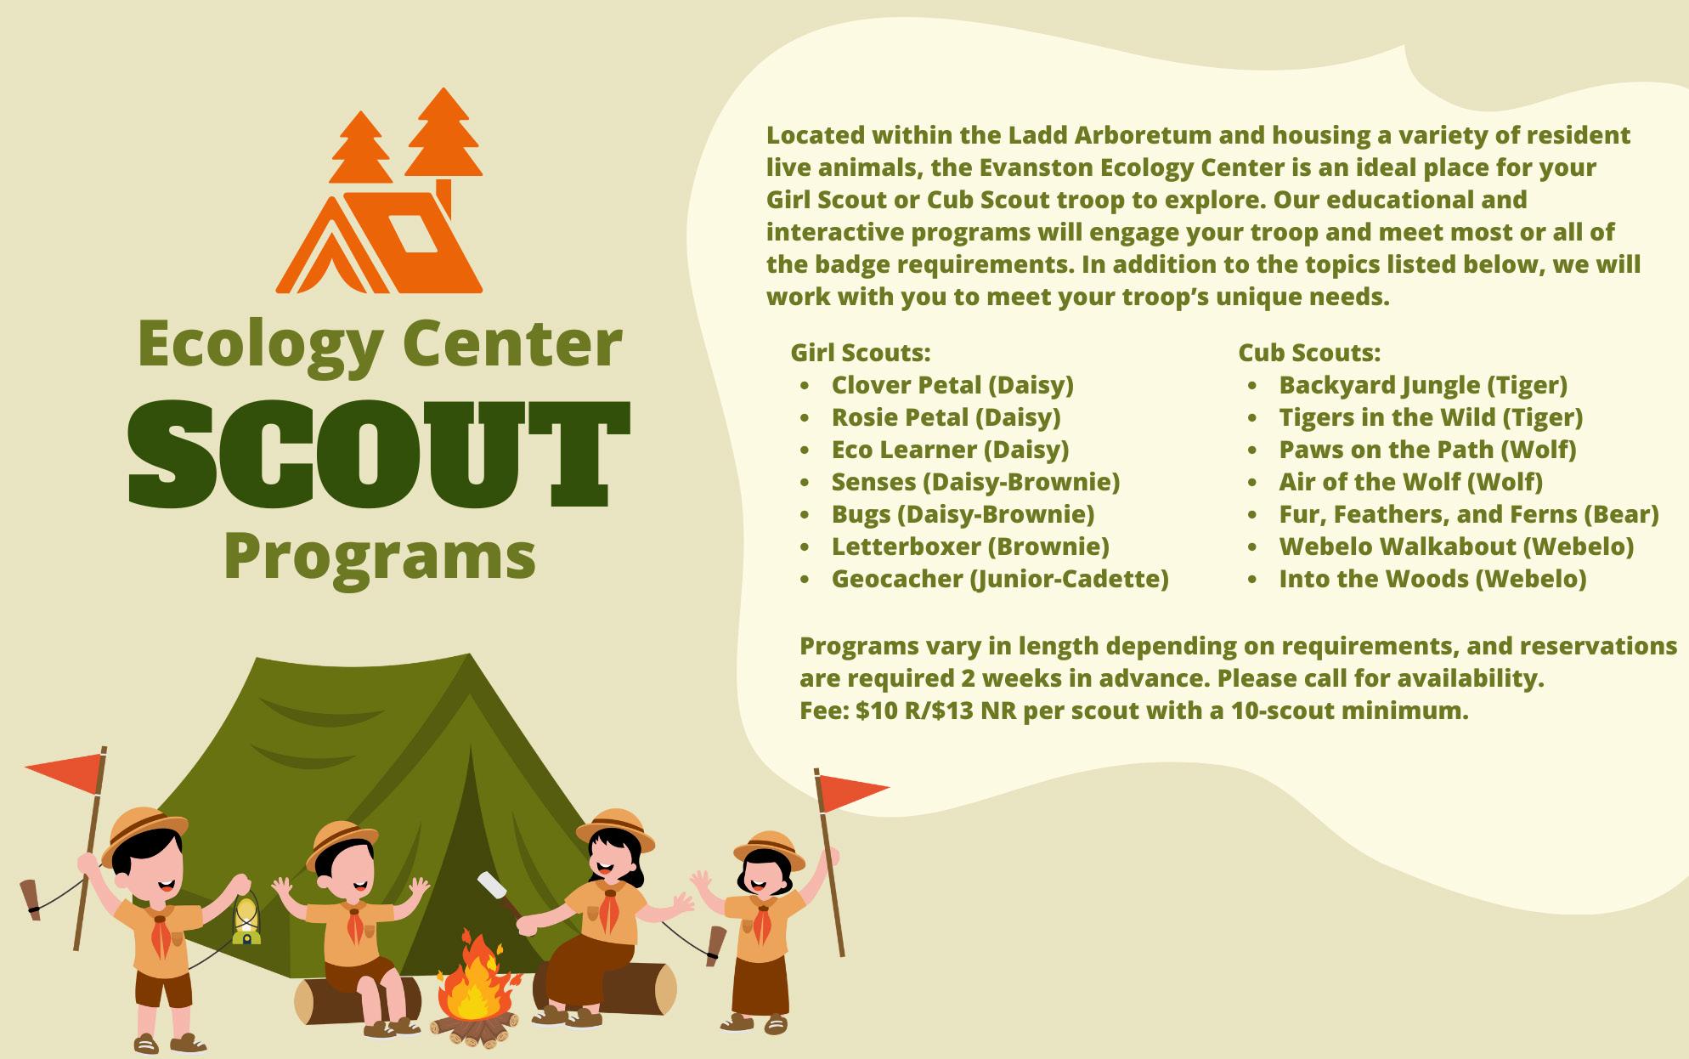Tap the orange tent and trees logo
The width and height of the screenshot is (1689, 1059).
(380, 191)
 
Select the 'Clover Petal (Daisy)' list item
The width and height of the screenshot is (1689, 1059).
(952, 385)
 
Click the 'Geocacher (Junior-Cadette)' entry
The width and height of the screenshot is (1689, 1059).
(1000, 579)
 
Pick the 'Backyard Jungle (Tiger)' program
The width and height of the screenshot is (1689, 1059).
(1423, 385)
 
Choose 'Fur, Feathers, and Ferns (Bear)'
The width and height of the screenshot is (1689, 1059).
(1469, 514)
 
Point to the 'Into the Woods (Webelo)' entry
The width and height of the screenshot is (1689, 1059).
(1432, 579)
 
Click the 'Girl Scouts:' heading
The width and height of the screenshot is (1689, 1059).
(861, 352)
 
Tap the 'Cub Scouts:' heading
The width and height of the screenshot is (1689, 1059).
(1309, 352)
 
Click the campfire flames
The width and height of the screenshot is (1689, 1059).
(476, 977)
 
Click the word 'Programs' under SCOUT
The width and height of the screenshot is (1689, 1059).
(380, 557)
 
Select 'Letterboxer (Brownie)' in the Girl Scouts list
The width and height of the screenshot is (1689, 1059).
(970, 546)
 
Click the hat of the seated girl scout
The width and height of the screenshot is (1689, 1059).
(615, 828)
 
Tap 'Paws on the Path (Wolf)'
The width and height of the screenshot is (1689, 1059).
(1427, 450)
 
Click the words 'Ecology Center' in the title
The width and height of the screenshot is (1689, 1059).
(380, 344)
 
